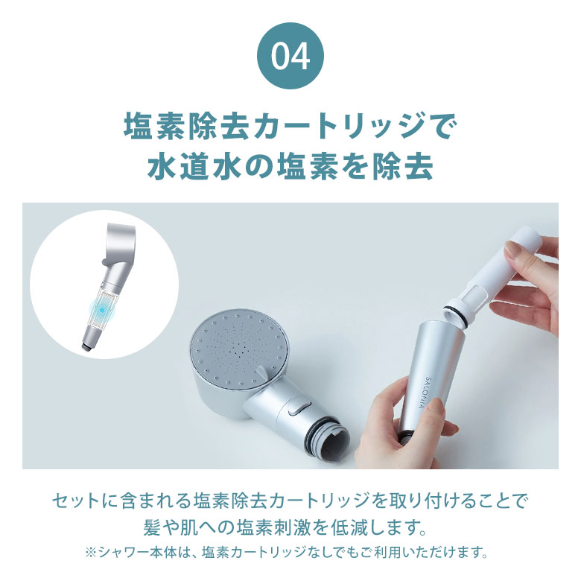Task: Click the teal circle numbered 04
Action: tap(290, 58)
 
